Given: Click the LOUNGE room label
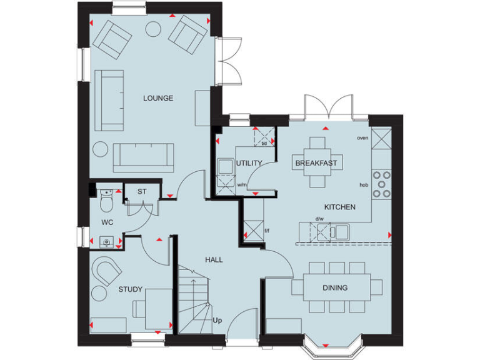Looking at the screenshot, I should coord(157,98).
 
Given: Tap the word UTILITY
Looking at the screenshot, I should coord(249,163).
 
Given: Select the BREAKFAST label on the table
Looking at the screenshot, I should coord(316,163).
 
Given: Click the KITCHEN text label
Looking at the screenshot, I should coord(339,207).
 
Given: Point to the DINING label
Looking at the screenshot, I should coord(335,287).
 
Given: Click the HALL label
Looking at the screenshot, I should coord(214,259).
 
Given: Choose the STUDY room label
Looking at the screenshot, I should coord(130,289).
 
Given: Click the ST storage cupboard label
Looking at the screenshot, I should coord(141,191).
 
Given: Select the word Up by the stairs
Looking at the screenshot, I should coord(217,321).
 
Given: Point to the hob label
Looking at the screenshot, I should coord(363,185).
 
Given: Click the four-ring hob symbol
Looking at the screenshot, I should coord(382,184).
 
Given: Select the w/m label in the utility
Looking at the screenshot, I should coord(241,185).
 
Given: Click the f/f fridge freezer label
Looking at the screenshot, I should coord(266,230).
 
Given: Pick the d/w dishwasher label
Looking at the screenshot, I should coord(319,219).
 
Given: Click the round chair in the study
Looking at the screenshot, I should coord(99,292).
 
